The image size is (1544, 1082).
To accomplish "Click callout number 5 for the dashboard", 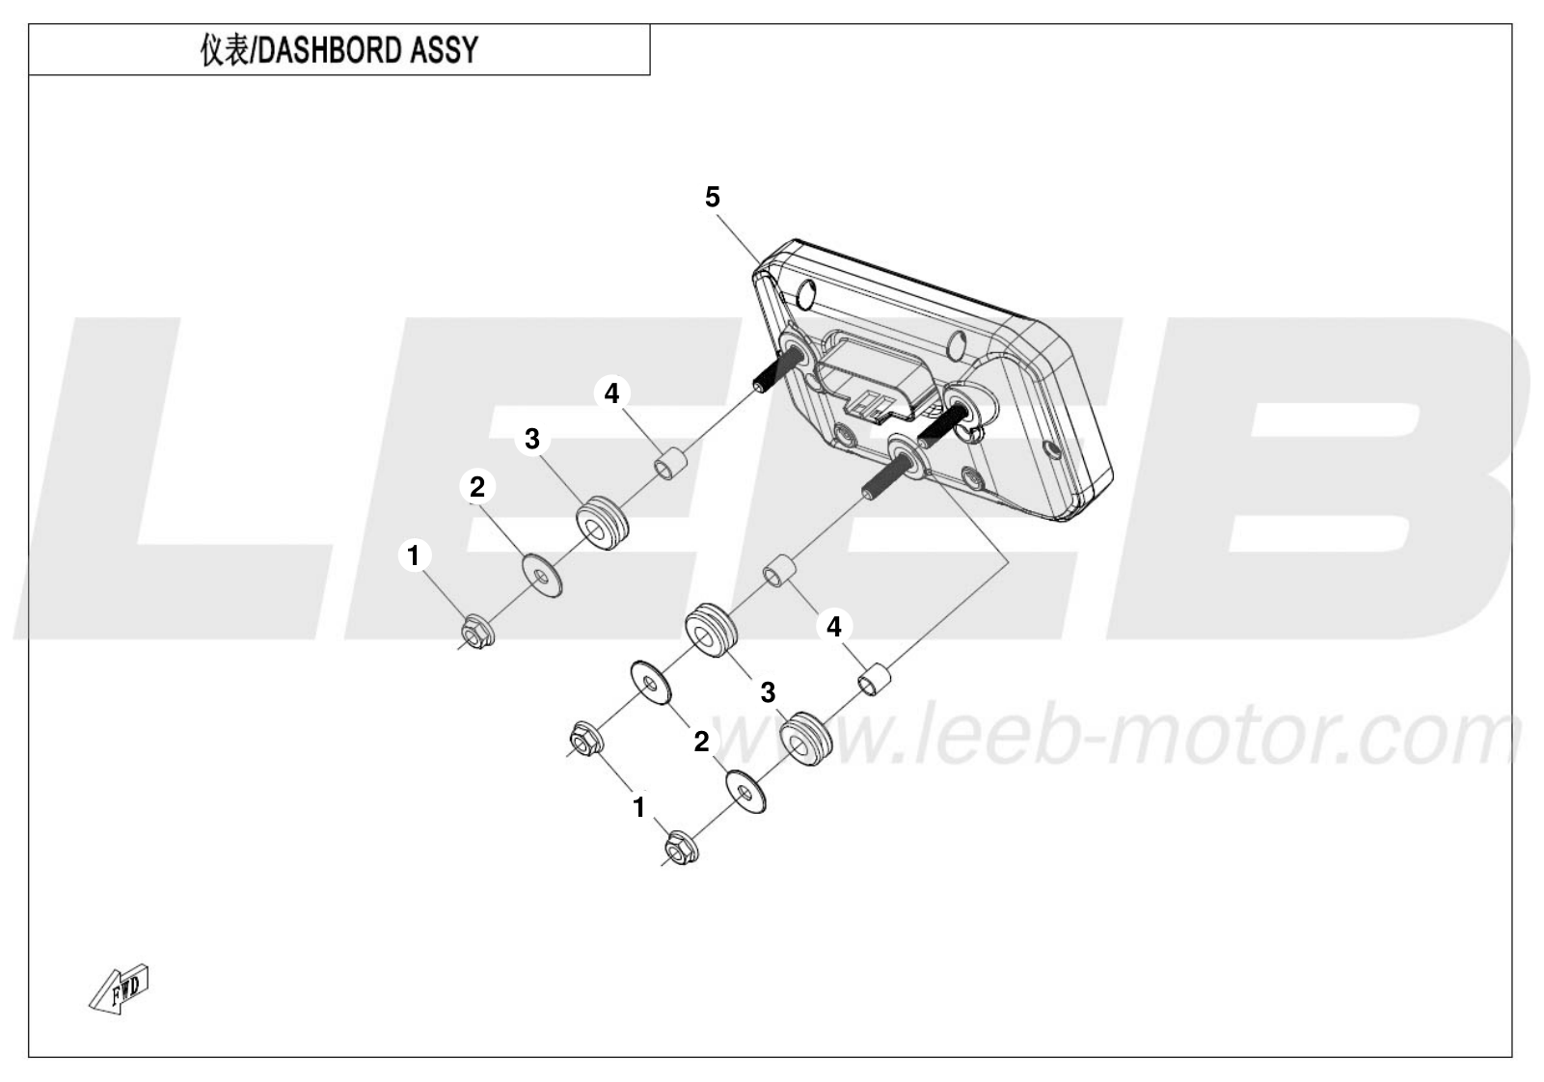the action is coord(712,197).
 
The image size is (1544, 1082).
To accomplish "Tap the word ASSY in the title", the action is coord(445,50).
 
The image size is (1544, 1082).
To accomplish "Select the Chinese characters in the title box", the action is coord(224,50).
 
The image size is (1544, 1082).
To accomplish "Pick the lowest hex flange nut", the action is coord(681,847).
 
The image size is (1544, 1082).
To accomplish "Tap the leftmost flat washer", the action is coord(541,574).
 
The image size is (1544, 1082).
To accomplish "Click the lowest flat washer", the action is coord(745,793).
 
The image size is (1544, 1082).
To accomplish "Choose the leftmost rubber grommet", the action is coord(602,523).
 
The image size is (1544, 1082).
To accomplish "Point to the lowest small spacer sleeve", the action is coord(874,679).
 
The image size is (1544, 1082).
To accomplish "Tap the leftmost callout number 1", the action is coord(414,555).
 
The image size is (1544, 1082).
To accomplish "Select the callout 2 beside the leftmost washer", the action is coord(477,487).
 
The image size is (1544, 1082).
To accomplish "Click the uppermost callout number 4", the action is coord(611,393).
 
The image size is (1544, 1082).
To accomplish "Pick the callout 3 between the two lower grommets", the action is coord(768,692).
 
